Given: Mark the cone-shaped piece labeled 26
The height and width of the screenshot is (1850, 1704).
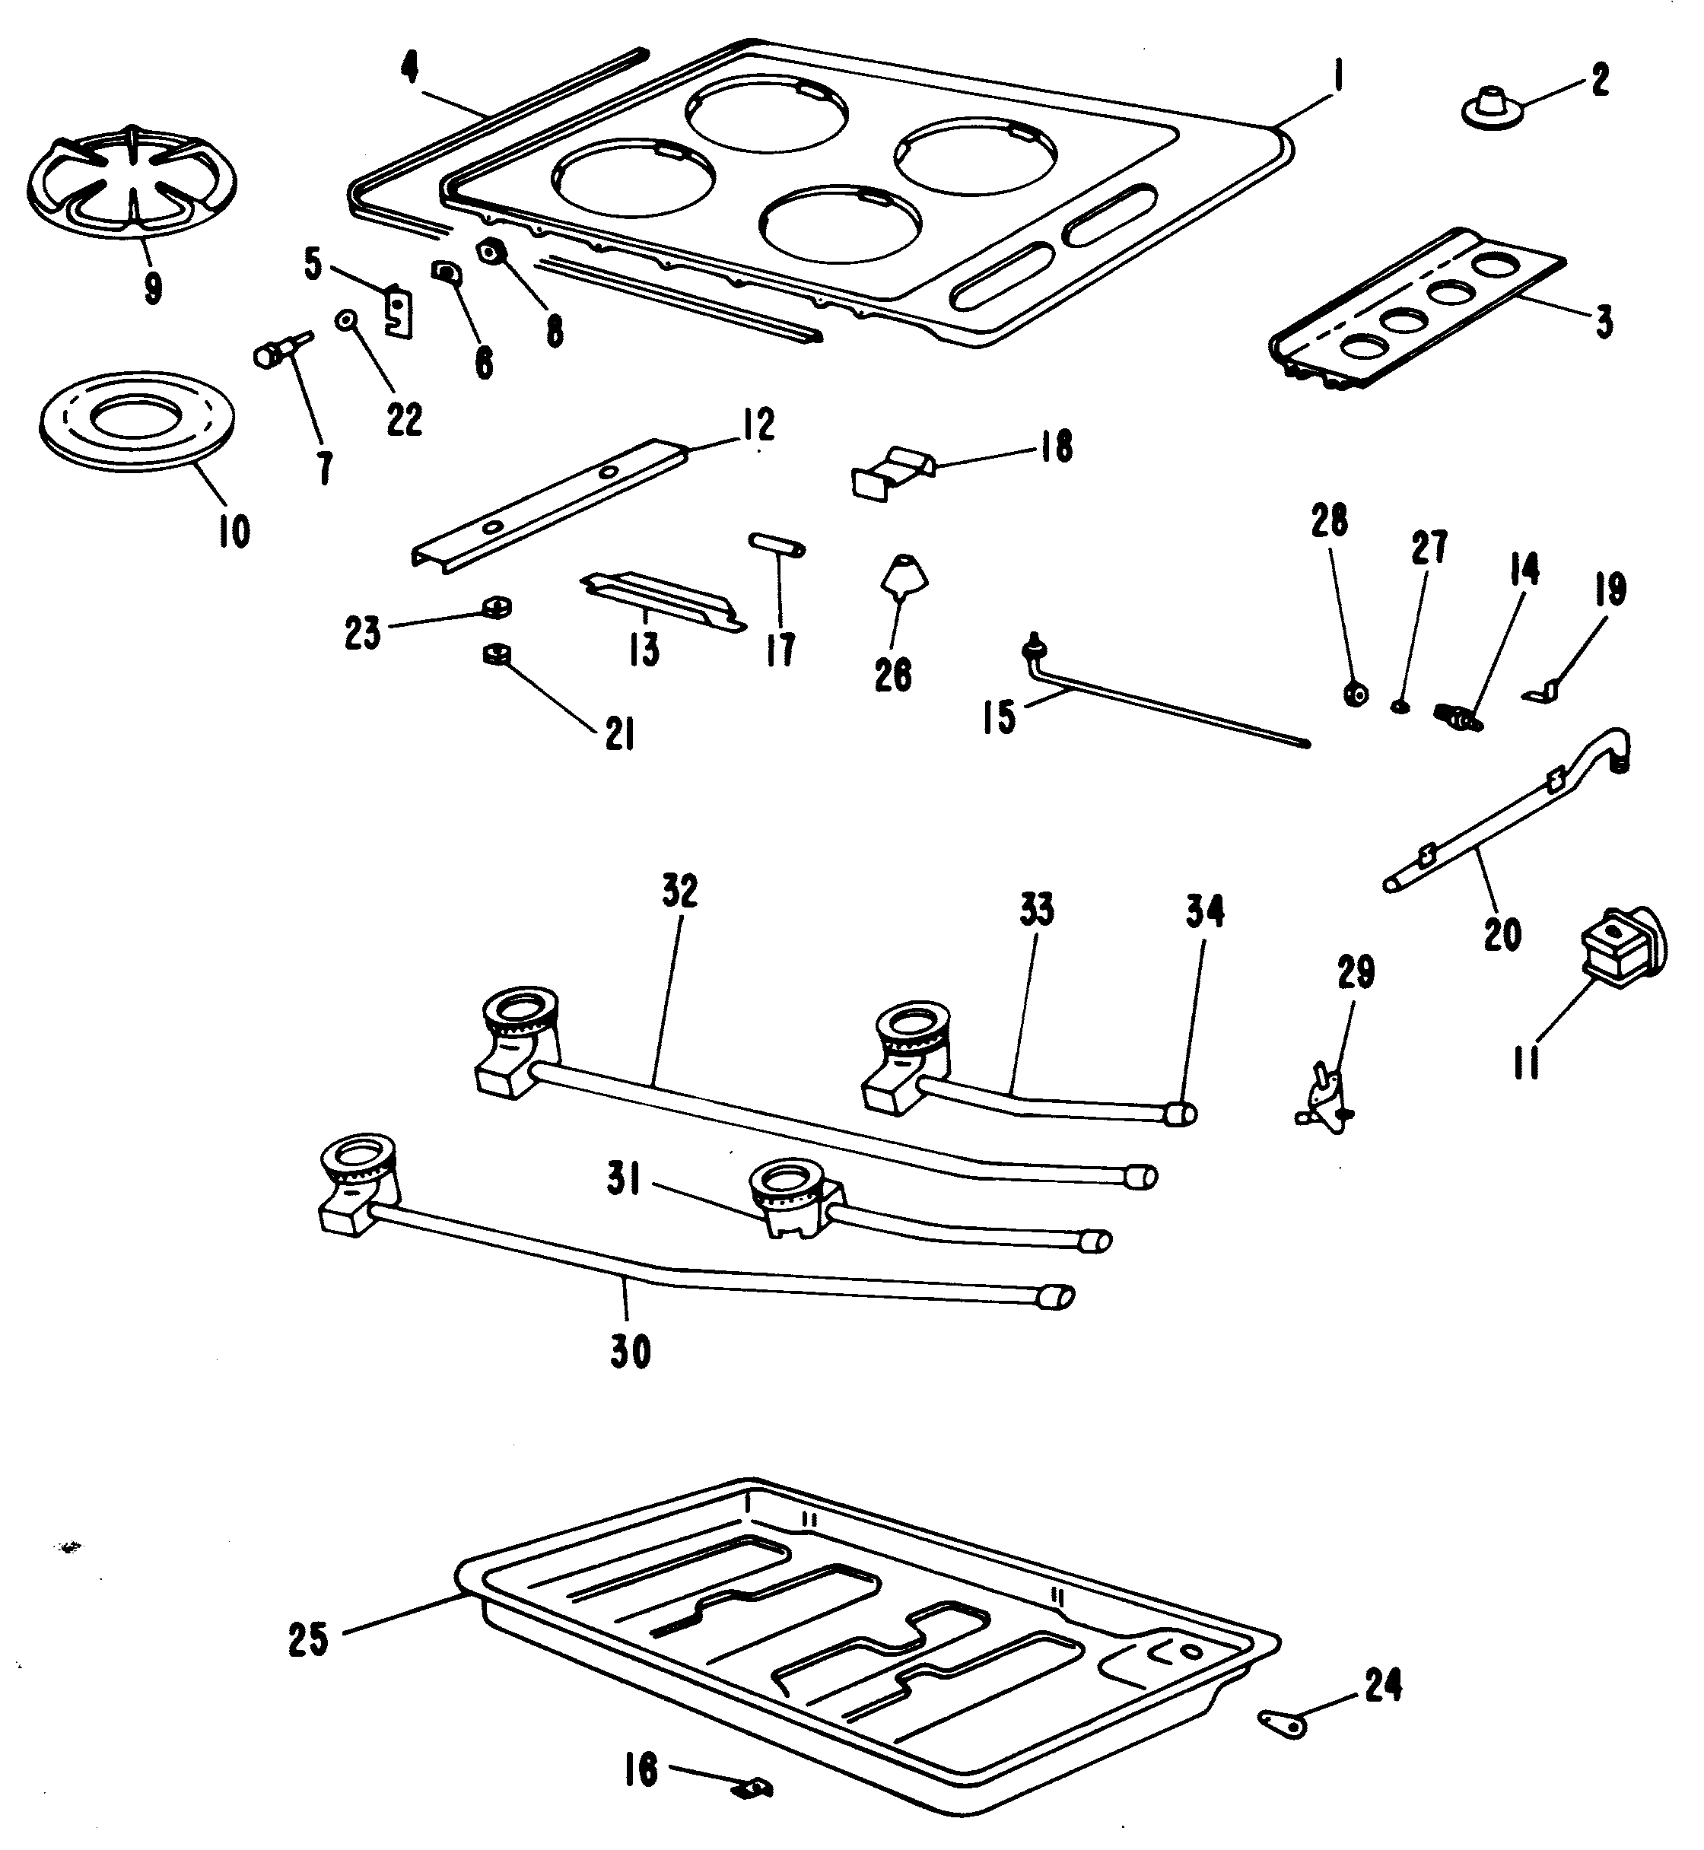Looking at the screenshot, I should [x=904, y=576].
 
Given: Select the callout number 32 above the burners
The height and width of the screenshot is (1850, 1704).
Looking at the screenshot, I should [x=681, y=892].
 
